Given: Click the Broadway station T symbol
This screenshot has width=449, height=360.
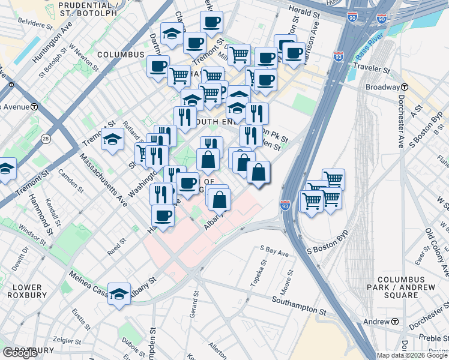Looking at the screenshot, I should point(404,87).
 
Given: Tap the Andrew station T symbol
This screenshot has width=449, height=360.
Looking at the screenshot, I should point(395,322).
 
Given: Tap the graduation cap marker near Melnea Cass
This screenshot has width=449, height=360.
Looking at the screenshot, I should point(119,294).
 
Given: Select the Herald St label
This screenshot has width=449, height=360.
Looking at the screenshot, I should point(304,11).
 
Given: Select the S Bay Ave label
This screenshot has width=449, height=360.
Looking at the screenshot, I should point(274,251).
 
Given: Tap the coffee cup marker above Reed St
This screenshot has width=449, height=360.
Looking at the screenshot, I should point(162,215).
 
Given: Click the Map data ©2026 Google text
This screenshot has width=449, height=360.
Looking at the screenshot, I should point(412,355).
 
